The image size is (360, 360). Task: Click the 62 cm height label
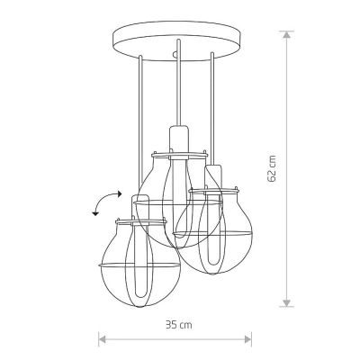(272, 169)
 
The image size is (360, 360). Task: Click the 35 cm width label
(179, 325)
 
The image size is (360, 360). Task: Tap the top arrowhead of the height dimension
(287, 34)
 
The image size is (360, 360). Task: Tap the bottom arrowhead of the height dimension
(287, 303)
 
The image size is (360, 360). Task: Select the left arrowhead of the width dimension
(103, 339)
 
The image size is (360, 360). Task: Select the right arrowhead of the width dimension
(247, 339)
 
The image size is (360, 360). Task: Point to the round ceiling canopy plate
(177, 40)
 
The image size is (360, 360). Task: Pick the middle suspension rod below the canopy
(178, 83)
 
